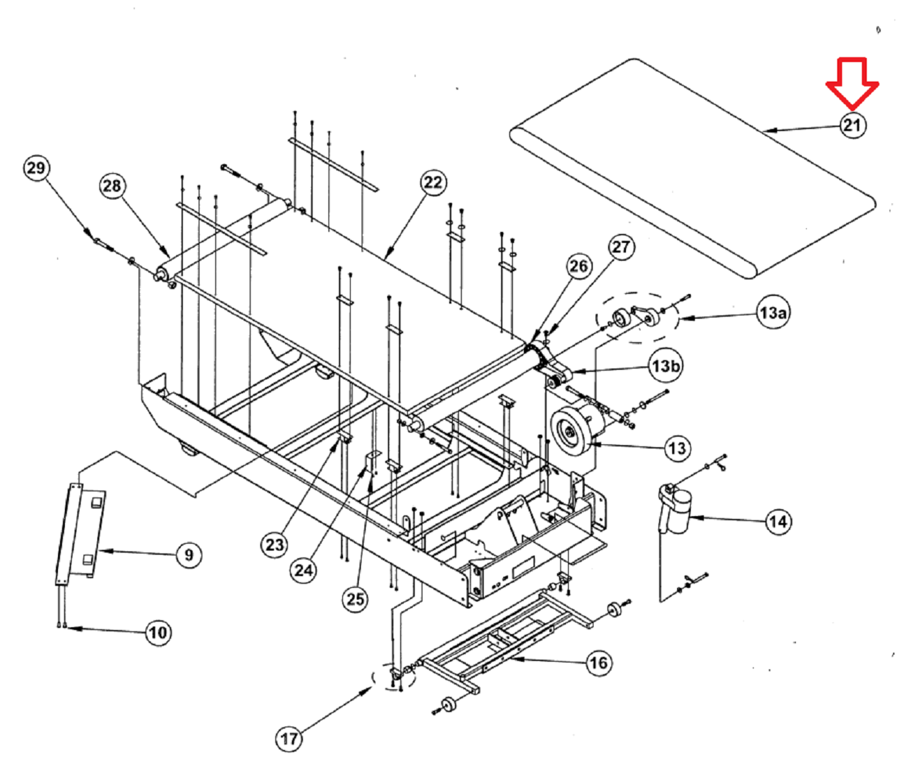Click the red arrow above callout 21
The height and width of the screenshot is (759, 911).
point(852,83)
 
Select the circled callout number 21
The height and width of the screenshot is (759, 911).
point(852,125)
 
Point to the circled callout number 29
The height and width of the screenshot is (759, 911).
point(36,168)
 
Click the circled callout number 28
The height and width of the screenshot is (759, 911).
point(112,186)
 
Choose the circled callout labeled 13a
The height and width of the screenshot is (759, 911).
point(773,313)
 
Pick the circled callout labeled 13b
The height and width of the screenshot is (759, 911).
point(665,366)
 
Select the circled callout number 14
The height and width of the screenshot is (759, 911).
point(778,522)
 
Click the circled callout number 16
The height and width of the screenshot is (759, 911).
point(598,663)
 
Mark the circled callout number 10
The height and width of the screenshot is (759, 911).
point(158,631)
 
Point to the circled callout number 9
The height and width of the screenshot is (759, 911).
point(188,555)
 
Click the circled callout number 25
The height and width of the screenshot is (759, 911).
point(355,599)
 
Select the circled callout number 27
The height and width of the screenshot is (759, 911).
point(621,247)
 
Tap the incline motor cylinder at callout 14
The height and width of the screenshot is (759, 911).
point(680,511)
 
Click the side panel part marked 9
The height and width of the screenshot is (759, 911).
point(81,533)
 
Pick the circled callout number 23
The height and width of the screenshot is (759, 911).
point(275,544)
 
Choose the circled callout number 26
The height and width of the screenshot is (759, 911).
point(579,266)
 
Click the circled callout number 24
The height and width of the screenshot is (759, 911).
point(304,570)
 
